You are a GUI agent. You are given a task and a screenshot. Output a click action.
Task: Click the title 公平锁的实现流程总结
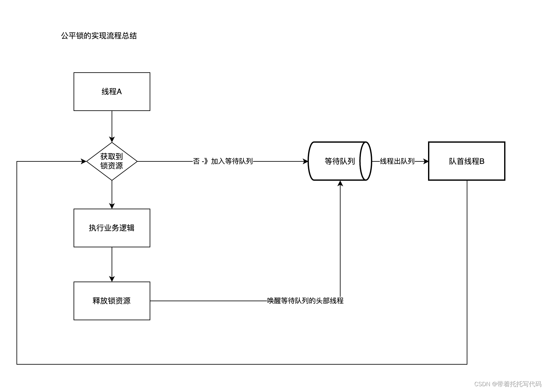click(99, 36)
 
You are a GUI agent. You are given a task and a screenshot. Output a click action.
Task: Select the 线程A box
click(112, 92)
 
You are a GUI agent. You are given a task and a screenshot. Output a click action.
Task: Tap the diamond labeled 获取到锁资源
click(112, 161)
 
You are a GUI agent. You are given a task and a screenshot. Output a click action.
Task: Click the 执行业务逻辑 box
click(112, 228)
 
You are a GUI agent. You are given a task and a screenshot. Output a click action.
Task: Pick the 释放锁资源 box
click(112, 301)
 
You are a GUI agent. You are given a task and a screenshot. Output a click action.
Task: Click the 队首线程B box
click(466, 161)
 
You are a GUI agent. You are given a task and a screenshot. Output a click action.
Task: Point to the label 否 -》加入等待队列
click(223, 161)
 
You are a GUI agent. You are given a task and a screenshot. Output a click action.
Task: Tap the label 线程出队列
click(397, 161)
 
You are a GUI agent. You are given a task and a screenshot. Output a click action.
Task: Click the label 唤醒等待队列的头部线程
click(305, 301)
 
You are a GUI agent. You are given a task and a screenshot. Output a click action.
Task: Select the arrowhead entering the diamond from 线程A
click(112, 140)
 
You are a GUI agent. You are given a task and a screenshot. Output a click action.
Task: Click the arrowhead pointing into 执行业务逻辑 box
click(112, 206)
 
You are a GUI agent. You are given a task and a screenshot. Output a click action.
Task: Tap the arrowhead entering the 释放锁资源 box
click(112, 279)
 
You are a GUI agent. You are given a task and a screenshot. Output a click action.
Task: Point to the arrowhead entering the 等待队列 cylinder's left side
click(305, 161)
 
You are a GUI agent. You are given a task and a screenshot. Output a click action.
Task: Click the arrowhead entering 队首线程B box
click(426, 161)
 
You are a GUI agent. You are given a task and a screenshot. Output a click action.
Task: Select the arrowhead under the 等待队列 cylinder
click(340, 183)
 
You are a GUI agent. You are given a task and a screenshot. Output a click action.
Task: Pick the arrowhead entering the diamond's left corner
click(84, 161)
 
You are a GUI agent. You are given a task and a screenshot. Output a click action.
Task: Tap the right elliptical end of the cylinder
click(366, 161)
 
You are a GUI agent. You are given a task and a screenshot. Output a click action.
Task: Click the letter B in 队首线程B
click(482, 161)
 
